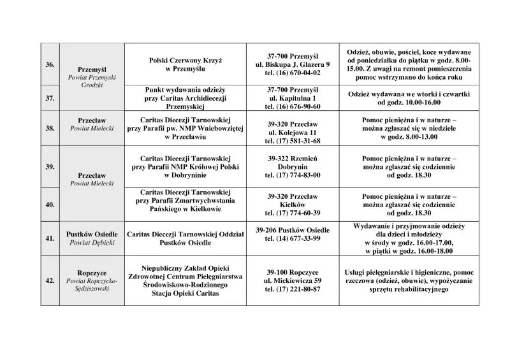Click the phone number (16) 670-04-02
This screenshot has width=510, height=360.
[294, 73]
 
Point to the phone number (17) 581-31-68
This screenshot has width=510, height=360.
[294, 140]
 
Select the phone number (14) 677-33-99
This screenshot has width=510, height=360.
[294, 238]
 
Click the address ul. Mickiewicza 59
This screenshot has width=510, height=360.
[294, 280]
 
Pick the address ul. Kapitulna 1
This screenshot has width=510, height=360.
[294, 98]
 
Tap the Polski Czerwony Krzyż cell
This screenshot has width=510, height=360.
[186, 63]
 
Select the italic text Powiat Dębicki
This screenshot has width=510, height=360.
[90, 243]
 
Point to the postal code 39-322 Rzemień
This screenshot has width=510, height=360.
[294, 157]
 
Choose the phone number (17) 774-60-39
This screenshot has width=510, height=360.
[294, 213]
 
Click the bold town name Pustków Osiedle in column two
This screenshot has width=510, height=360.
[90, 234]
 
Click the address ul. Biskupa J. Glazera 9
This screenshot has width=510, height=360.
[294, 65]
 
